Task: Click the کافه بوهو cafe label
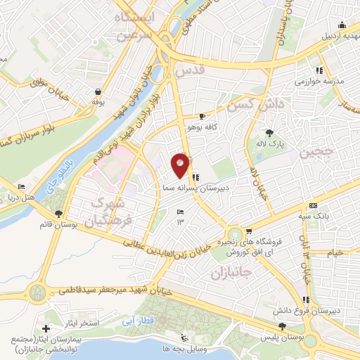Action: [199, 128]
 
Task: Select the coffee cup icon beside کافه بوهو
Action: [202, 117]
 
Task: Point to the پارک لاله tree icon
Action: [269, 133]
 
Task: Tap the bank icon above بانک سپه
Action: [313, 205]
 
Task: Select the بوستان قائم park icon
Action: [58, 213]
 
